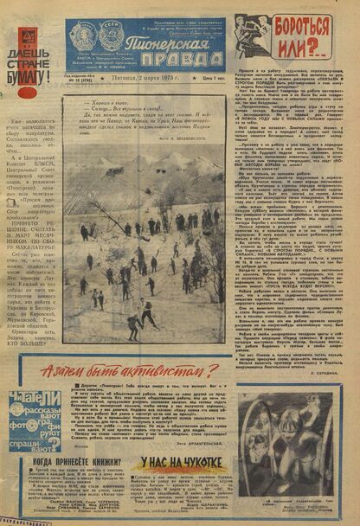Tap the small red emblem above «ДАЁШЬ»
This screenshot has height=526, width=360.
coord(29,37)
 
